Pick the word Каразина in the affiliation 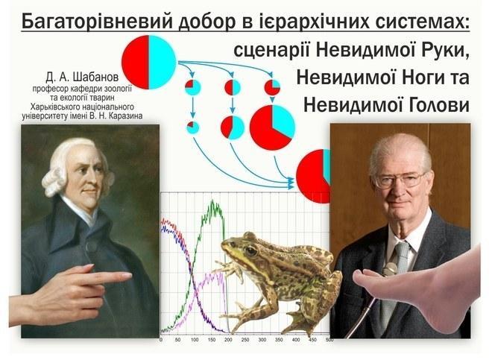[x=128, y=116]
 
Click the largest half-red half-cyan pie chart [x=149, y=62]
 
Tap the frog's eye [x=250, y=250]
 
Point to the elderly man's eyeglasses [x=399, y=180]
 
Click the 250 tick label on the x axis [x=245, y=340]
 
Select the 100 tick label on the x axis [x=195, y=340]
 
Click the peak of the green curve [x=213, y=201]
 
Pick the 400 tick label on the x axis [x=296, y=340]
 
